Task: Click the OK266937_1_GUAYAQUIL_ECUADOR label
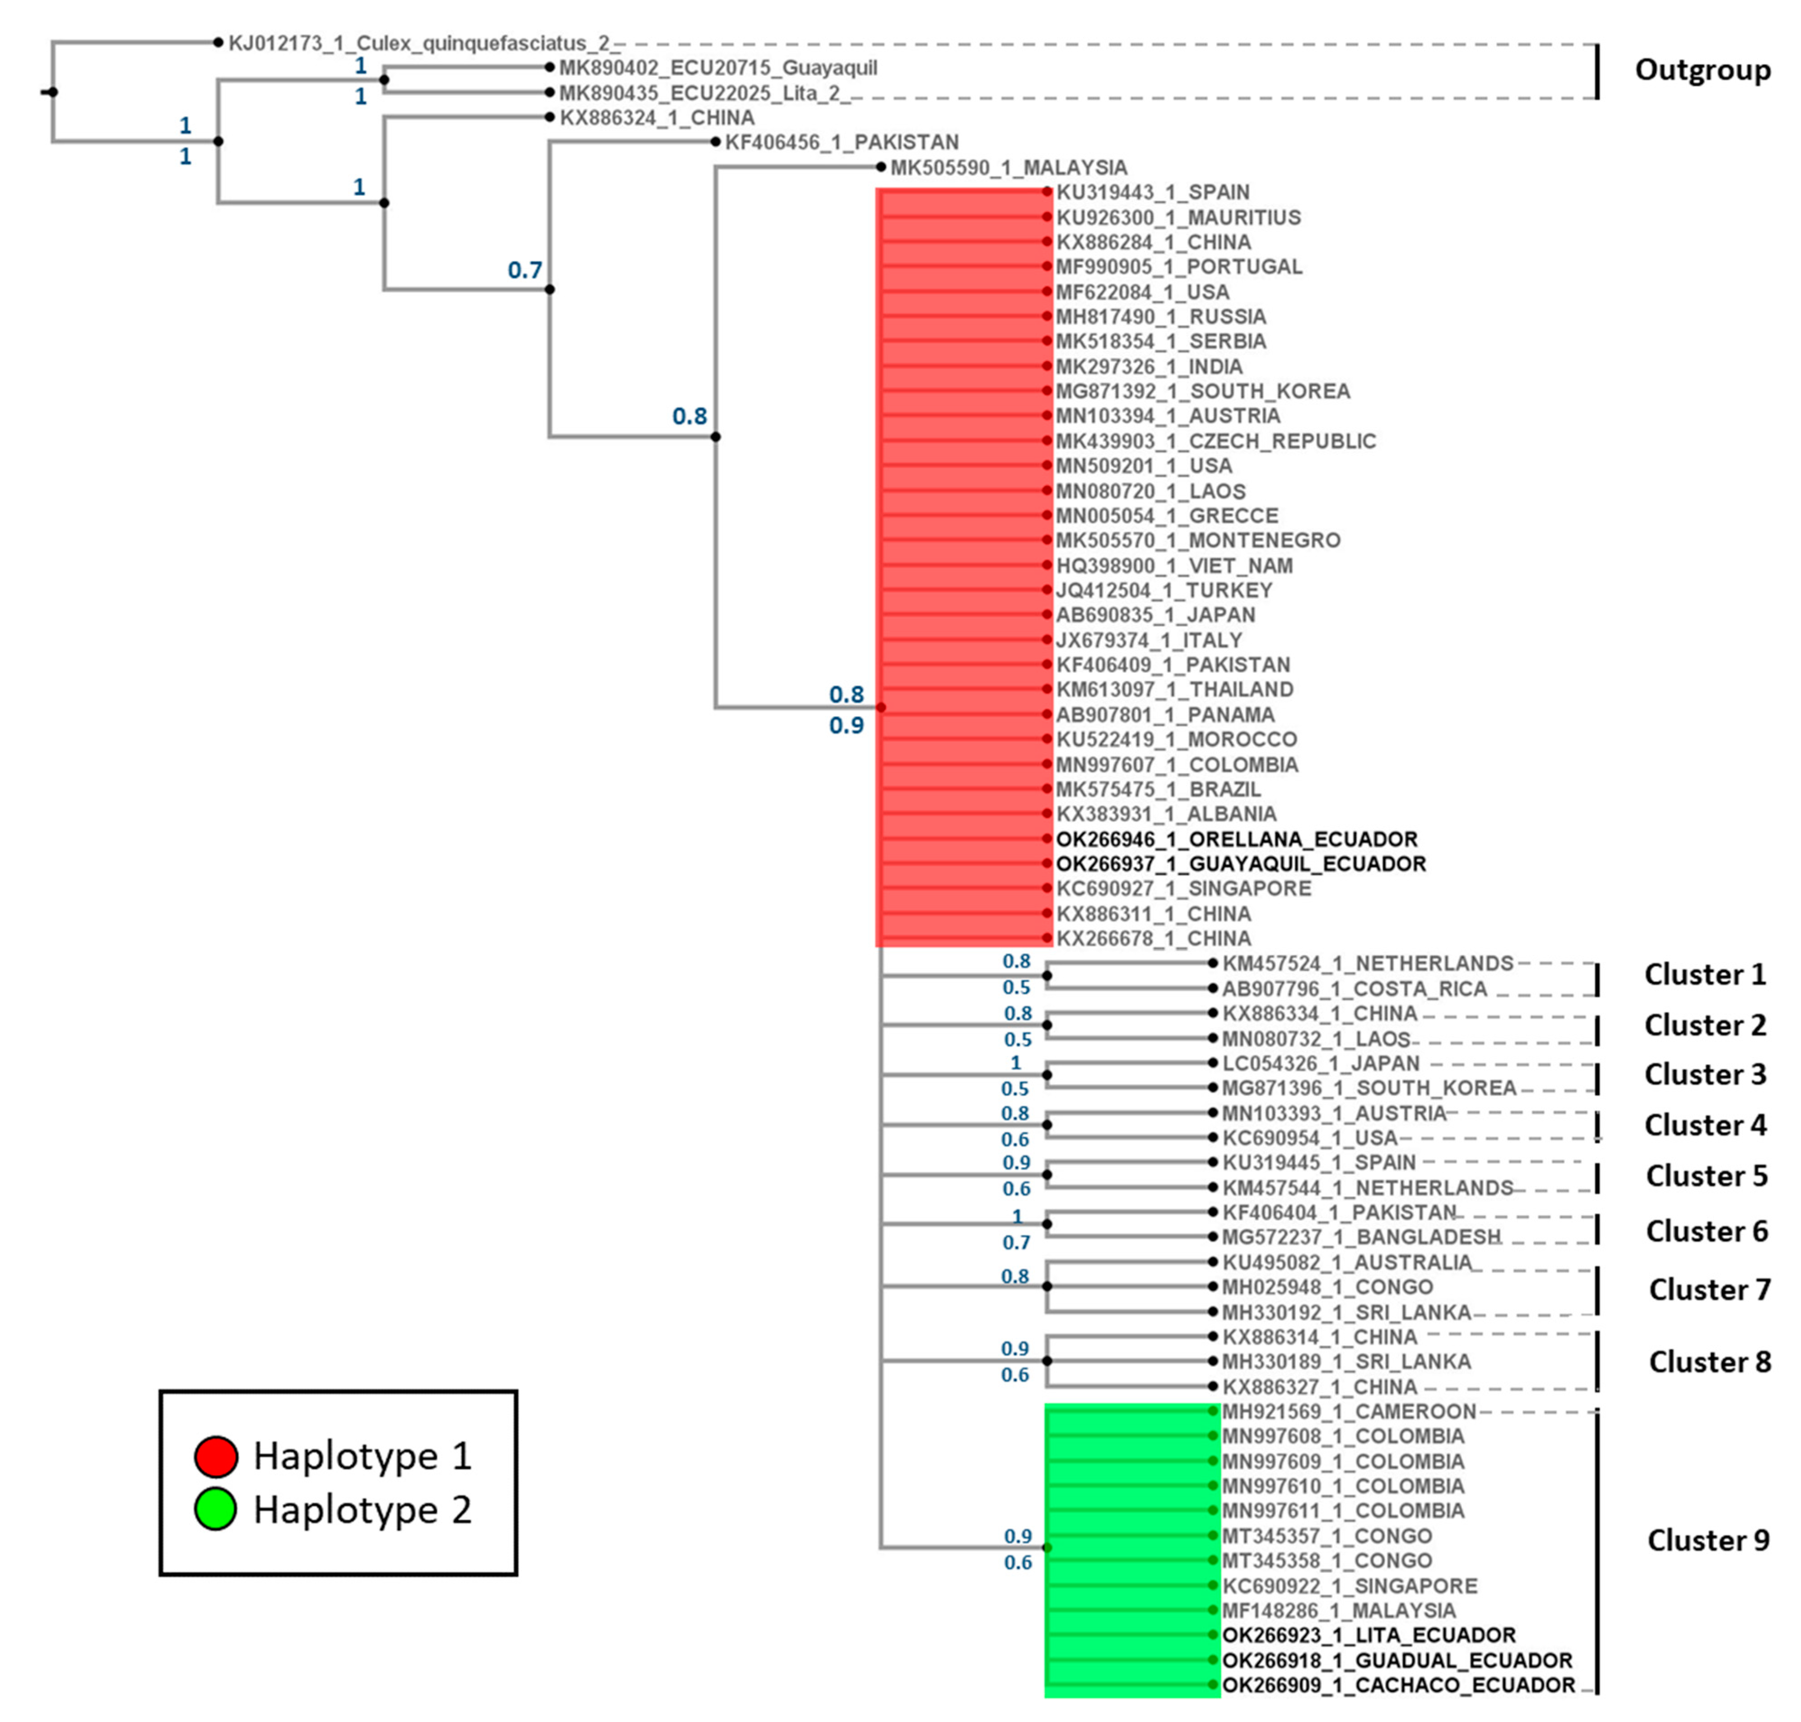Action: click(x=1240, y=864)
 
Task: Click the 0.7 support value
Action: click(x=525, y=270)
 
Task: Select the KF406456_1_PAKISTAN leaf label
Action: click(x=842, y=142)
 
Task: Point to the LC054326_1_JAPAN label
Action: click(x=1320, y=1063)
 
